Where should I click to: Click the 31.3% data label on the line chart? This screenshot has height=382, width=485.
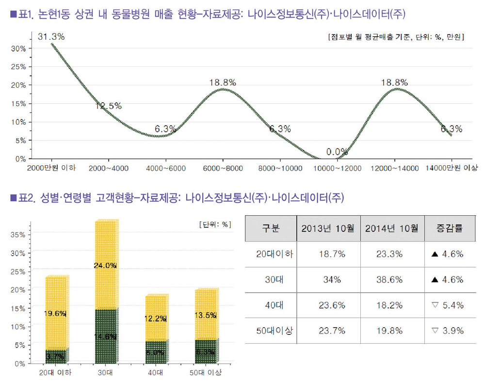pos(51,37)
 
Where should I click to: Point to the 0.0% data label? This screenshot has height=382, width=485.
pos(336,152)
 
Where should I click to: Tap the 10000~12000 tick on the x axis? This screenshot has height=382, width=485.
pos(338,168)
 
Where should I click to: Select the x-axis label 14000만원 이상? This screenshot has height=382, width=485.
pos(452,168)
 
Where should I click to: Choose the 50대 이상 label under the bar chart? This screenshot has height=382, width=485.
pos(205,372)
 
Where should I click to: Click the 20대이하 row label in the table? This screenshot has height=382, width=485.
pos(271,254)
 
